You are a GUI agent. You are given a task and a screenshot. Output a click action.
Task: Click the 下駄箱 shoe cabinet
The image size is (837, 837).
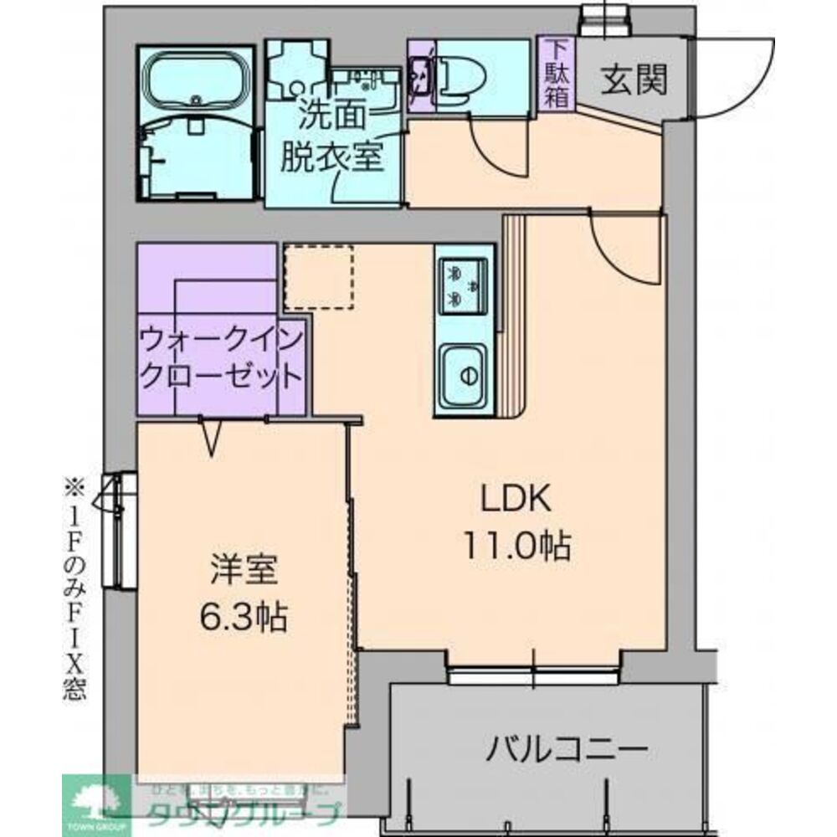click(x=557, y=73)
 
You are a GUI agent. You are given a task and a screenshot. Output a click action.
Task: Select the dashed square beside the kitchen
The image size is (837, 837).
click(x=319, y=277)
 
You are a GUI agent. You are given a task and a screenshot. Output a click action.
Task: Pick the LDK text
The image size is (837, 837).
click(x=514, y=500)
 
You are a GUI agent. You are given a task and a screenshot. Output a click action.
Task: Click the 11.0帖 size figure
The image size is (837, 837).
click(x=516, y=547)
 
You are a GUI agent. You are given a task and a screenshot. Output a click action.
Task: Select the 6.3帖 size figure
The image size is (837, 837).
click(x=243, y=618)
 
